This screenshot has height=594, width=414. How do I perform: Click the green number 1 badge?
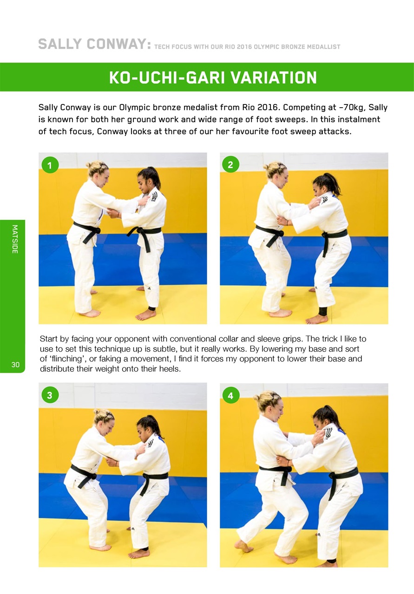click(x=50, y=165)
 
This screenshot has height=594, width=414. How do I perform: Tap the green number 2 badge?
click(x=230, y=164)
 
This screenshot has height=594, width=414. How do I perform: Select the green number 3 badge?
click(x=50, y=395)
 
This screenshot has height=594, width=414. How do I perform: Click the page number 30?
click(x=15, y=365)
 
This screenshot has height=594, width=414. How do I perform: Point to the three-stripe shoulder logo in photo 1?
click(x=153, y=196)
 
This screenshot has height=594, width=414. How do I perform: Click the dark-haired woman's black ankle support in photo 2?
click(x=323, y=311)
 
